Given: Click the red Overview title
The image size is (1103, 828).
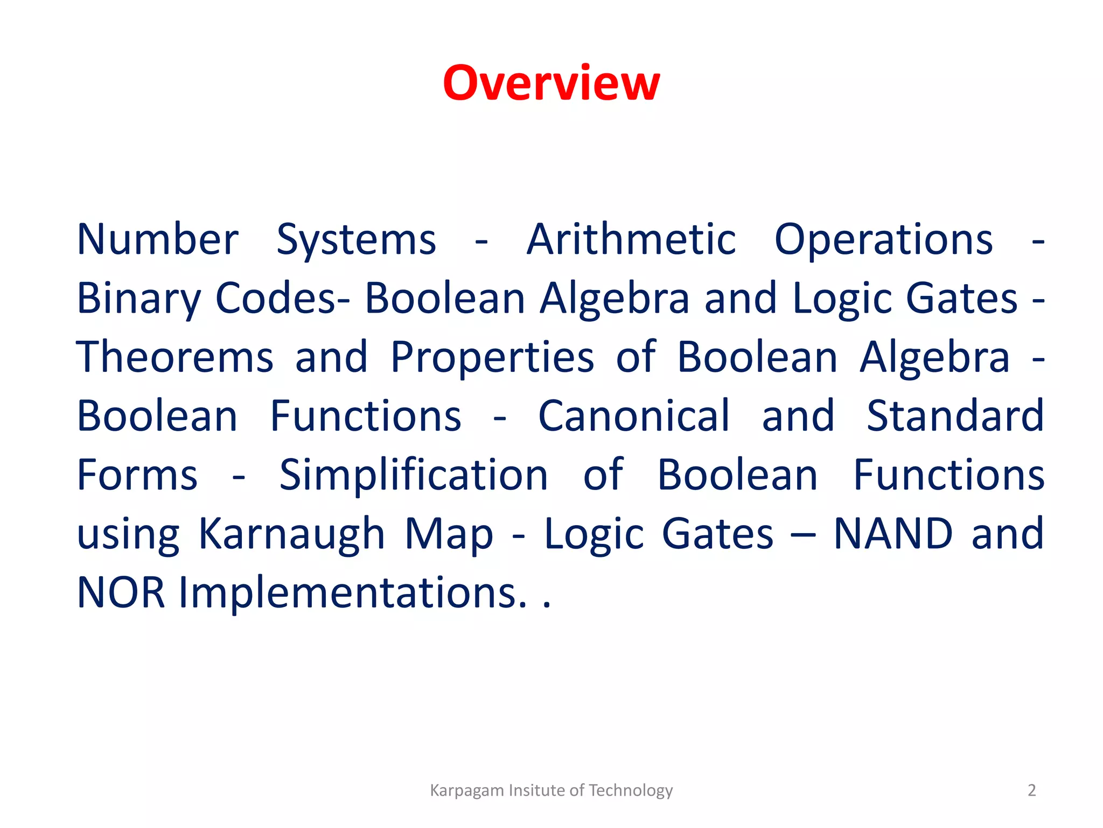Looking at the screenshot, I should (x=551, y=83).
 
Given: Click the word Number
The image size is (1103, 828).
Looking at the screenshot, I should (x=157, y=239).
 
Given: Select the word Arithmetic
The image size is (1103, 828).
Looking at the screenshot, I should (x=631, y=239).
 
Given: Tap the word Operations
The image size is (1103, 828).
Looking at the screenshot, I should (x=883, y=239).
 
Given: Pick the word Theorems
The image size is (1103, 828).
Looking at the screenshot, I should (x=175, y=357).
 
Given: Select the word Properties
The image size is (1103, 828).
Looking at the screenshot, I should (x=492, y=357).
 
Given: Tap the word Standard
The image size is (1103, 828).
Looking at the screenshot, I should (x=955, y=416).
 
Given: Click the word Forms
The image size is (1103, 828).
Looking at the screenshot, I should (x=137, y=475).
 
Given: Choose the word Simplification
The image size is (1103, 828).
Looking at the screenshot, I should (x=413, y=475).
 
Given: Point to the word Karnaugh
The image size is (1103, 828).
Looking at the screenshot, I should (x=291, y=534).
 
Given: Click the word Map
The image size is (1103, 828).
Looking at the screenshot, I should (x=449, y=534).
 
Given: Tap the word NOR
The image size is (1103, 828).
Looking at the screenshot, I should (x=121, y=592).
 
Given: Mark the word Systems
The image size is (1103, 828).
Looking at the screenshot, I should (x=356, y=239).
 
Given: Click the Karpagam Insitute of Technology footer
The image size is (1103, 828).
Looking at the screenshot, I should (x=551, y=790).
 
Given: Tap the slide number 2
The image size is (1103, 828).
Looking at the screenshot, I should (x=1031, y=790).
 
